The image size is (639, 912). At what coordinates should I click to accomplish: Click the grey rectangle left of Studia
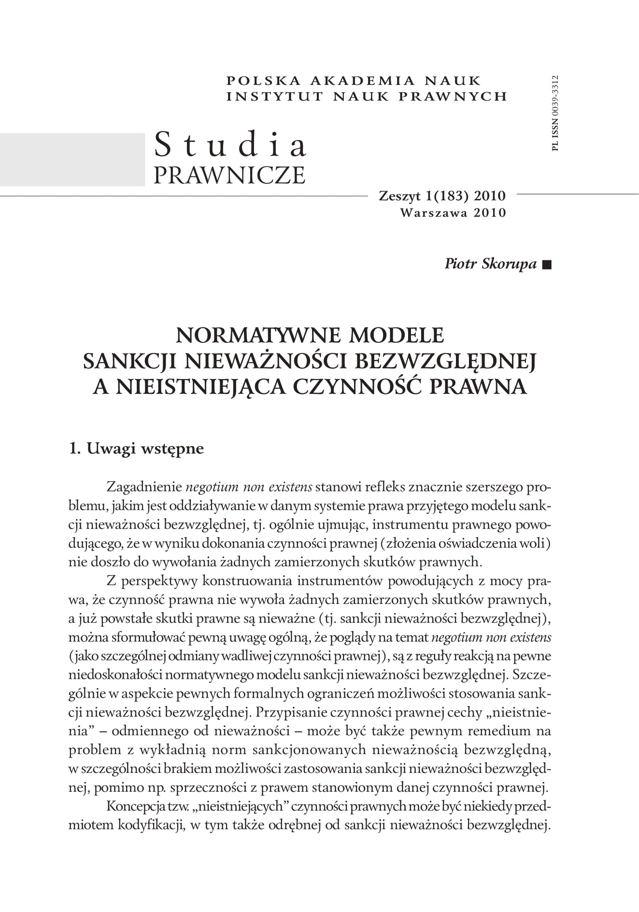[x=72, y=159]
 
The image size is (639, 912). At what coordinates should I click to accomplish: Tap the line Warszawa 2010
[x=453, y=212]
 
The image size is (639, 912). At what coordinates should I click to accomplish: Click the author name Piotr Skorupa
[x=490, y=264]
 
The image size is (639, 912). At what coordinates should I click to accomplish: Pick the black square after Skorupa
[x=546, y=265]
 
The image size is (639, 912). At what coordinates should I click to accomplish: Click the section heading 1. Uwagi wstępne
[x=136, y=449]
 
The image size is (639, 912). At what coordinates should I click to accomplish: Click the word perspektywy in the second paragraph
[x=159, y=581]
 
